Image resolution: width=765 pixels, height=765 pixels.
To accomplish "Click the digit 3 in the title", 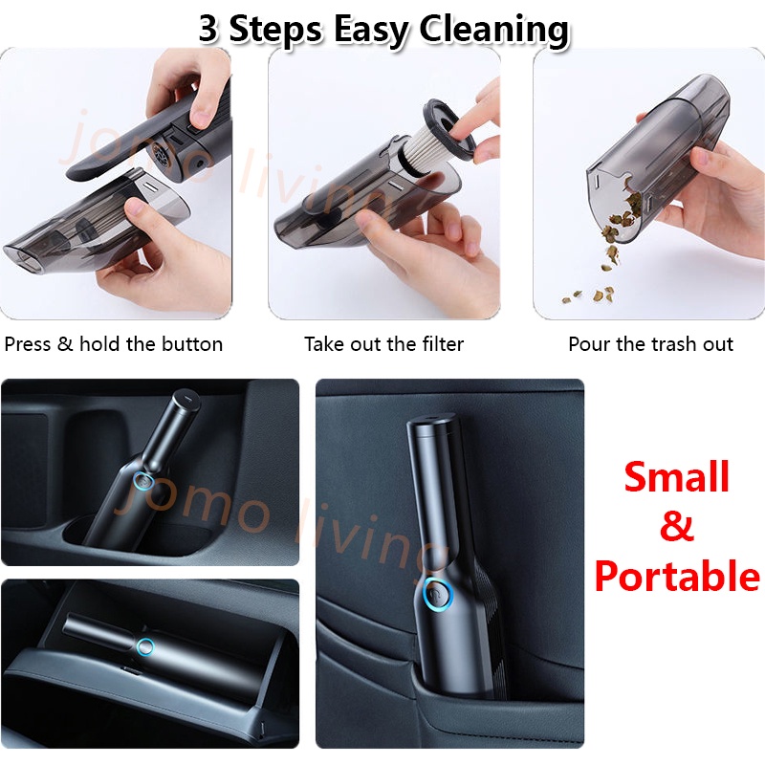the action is click(x=208, y=29).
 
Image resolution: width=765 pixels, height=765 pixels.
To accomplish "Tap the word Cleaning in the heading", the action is click(x=493, y=31).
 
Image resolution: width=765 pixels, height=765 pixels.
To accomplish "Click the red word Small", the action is click(x=677, y=476).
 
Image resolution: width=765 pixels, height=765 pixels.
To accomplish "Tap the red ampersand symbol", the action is click(x=677, y=526).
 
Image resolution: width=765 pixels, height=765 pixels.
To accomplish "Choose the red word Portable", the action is click(x=677, y=576).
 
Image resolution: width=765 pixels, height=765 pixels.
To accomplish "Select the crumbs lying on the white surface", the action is click(x=588, y=295).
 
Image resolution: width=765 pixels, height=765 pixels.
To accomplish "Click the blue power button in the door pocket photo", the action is click(x=439, y=594).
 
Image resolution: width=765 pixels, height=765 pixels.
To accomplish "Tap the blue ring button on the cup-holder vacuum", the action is click(x=143, y=481).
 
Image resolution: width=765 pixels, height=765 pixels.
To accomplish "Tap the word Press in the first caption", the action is click(x=28, y=344).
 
